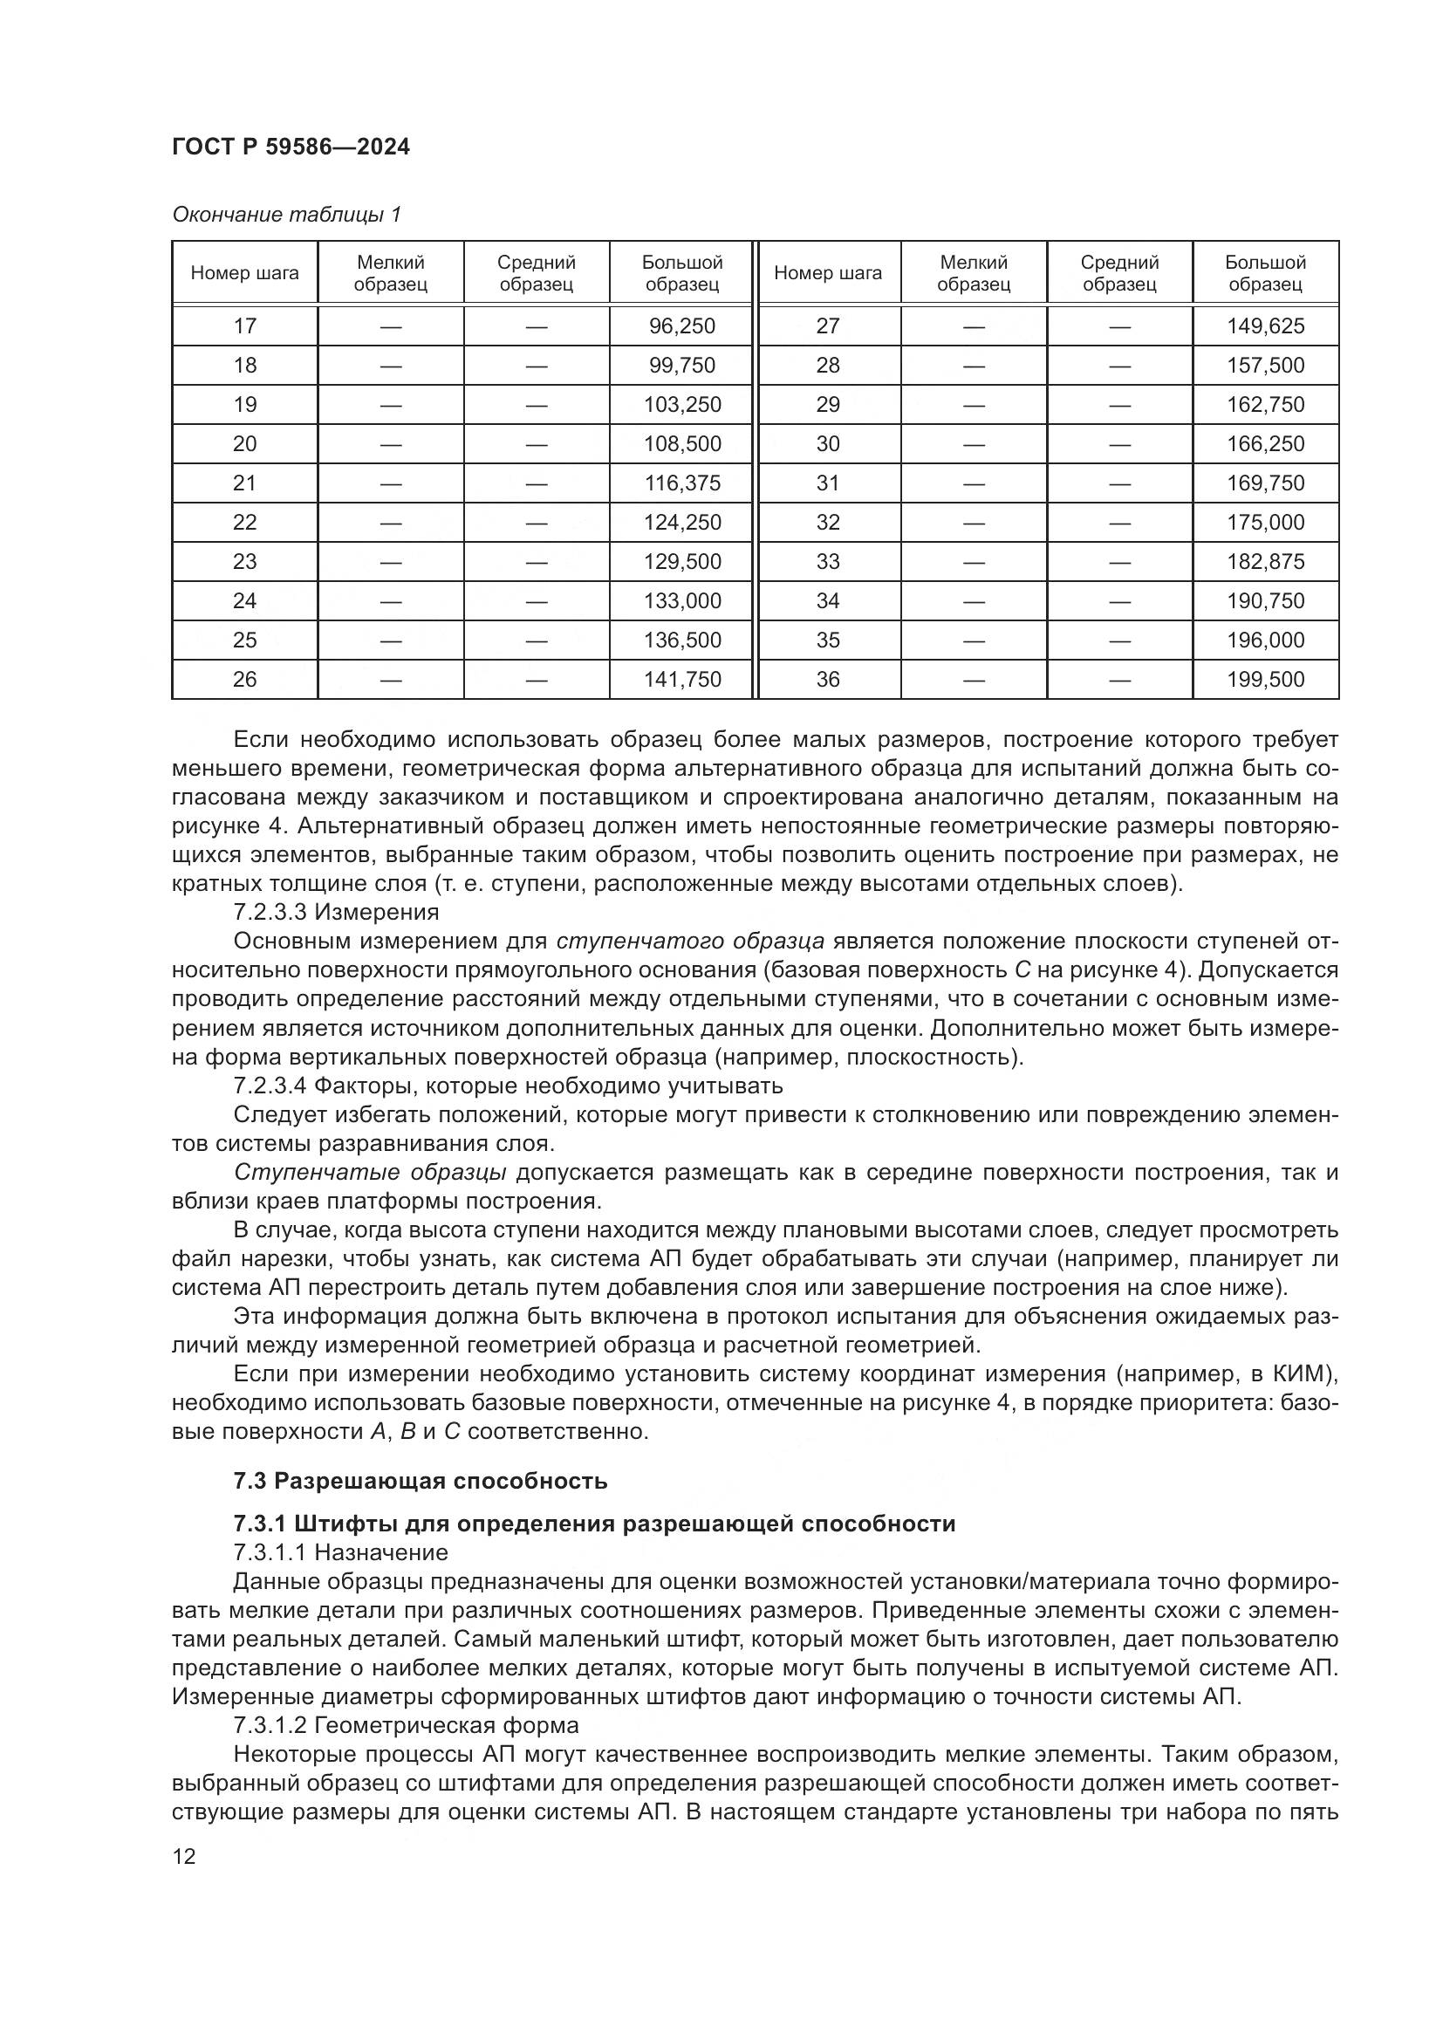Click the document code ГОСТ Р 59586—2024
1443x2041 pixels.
(x=291, y=147)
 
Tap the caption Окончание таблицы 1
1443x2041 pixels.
(x=286, y=215)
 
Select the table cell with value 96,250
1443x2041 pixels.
(x=681, y=326)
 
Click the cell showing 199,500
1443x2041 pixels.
(x=1265, y=679)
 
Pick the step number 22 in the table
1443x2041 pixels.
(x=244, y=523)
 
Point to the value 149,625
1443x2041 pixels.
(x=1265, y=326)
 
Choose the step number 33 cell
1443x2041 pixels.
(x=827, y=562)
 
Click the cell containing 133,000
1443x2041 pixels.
(x=681, y=601)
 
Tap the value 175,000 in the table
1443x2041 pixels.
(x=1265, y=523)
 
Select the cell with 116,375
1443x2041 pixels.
(x=681, y=483)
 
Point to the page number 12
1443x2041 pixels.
(x=184, y=1856)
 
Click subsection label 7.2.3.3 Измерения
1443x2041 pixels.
(x=336, y=912)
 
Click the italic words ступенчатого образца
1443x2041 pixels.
(x=690, y=941)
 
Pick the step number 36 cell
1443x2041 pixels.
(x=827, y=679)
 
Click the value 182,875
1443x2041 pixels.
(x=1265, y=562)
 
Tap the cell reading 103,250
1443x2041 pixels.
(x=681, y=405)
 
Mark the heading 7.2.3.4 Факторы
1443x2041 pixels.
(x=508, y=1086)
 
